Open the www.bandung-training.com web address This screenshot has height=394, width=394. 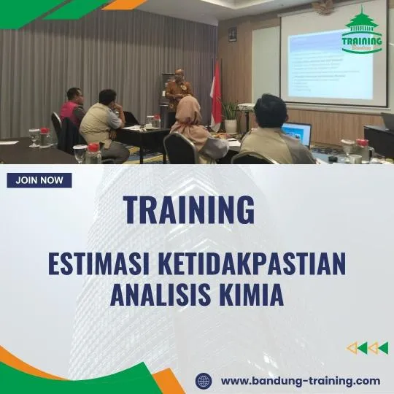coord(300,381)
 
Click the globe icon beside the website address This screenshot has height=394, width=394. coord(204,381)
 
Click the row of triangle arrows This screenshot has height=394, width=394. coord(367,348)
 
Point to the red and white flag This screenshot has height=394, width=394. coord(216,91)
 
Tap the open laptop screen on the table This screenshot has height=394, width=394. coord(297,133)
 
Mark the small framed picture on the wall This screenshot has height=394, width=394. coord(232,34)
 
